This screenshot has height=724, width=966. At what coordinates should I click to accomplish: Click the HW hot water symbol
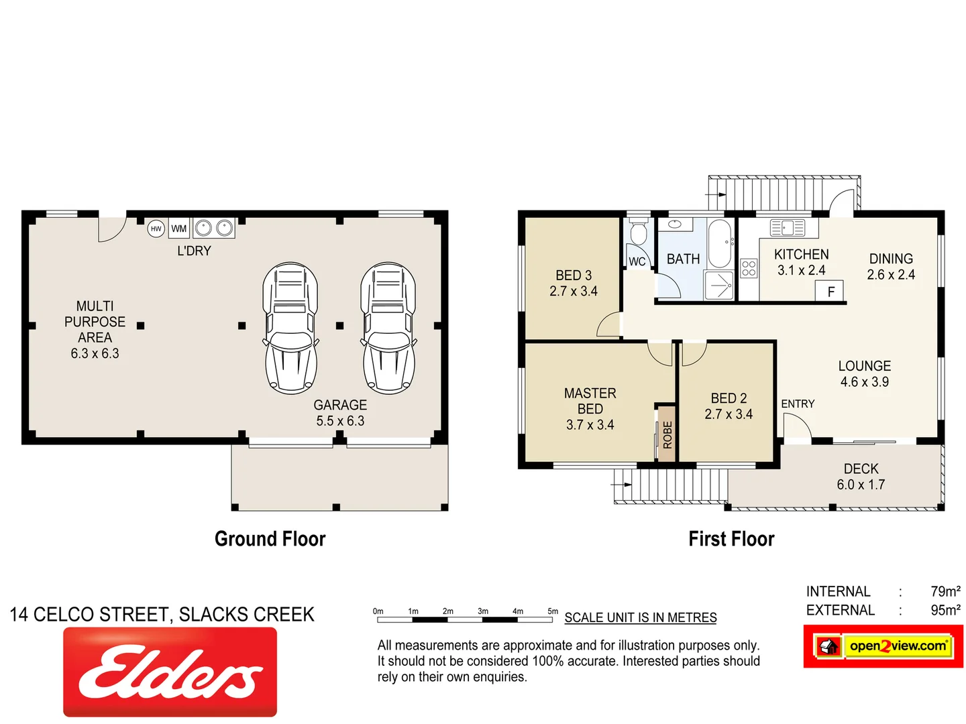(x=156, y=229)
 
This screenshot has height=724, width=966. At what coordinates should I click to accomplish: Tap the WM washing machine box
(x=178, y=229)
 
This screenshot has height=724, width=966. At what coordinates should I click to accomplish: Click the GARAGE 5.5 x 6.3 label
(x=340, y=413)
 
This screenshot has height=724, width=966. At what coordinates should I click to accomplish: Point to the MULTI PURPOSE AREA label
(x=95, y=329)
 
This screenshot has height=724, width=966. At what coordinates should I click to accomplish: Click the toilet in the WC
(x=639, y=233)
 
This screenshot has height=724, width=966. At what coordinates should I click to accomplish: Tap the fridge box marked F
(x=830, y=292)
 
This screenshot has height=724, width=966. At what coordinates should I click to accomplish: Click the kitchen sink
(x=788, y=228)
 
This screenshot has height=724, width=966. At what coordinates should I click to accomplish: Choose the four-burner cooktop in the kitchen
(x=749, y=269)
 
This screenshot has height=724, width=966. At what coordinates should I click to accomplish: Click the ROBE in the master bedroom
(x=666, y=434)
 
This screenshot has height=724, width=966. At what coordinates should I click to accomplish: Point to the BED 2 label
(x=729, y=406)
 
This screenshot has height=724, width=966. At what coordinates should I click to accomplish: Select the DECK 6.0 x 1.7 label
(x=861, y=477)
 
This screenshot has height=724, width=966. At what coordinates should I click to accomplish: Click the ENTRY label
(x=798, y=404)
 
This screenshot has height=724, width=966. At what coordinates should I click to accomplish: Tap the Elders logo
(x=170, y=672)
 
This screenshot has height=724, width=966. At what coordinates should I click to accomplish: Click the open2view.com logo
(x=883, y=646)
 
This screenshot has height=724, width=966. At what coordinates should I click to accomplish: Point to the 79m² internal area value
(x=945, y=591)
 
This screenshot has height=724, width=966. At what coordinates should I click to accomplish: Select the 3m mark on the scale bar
(x=483, y=611)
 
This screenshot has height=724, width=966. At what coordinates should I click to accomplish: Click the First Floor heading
(x=731, y=539)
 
